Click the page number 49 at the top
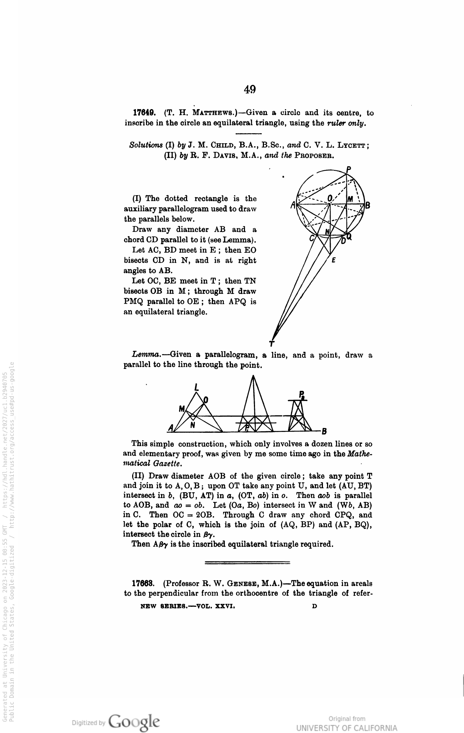coord(250,89)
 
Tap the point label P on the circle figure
coord(348,169)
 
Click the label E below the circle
coord(333,260)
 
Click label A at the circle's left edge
coord(293,205)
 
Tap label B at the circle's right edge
coord(368,205)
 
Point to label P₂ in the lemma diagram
coord(302,395)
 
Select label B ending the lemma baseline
coord(324,432)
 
